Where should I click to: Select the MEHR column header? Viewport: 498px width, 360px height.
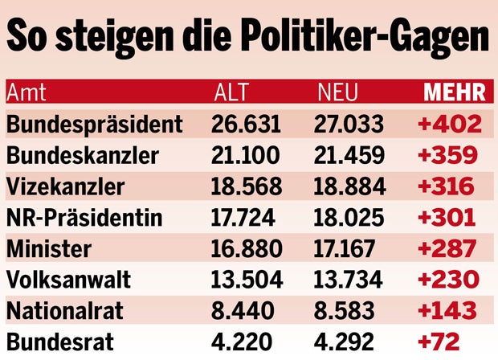[455, 92]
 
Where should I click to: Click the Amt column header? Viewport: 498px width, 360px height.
[26, 92]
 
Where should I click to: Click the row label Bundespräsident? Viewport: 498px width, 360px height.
[95, 124]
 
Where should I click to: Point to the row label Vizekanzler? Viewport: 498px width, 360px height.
[66, 186]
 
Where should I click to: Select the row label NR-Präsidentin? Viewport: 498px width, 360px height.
[84, 218]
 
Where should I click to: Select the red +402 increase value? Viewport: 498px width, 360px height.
[449, 124]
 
